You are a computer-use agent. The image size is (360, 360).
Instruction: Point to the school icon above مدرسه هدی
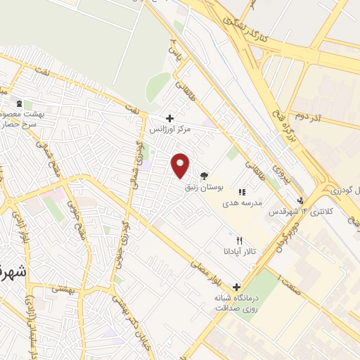click(242, 191)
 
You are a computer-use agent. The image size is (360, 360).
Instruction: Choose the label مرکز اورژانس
click(169, 129)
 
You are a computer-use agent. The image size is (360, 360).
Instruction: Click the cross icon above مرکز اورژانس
click(169, 118)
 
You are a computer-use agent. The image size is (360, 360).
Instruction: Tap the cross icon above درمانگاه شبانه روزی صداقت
click(236, 287)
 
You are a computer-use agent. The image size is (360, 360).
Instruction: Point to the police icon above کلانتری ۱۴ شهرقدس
click(301, 200)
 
